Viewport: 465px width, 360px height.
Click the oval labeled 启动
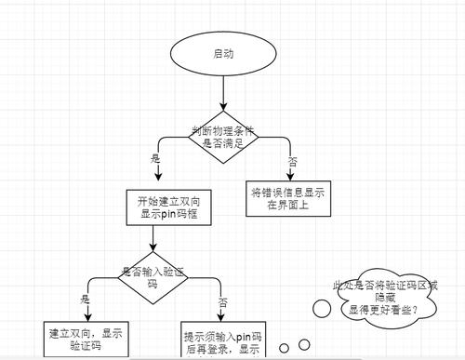[222, 55]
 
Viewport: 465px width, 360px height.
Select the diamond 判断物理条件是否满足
[222, 137]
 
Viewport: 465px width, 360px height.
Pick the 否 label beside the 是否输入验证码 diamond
[221, 302]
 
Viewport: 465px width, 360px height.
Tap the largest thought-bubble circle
[320, 307]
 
